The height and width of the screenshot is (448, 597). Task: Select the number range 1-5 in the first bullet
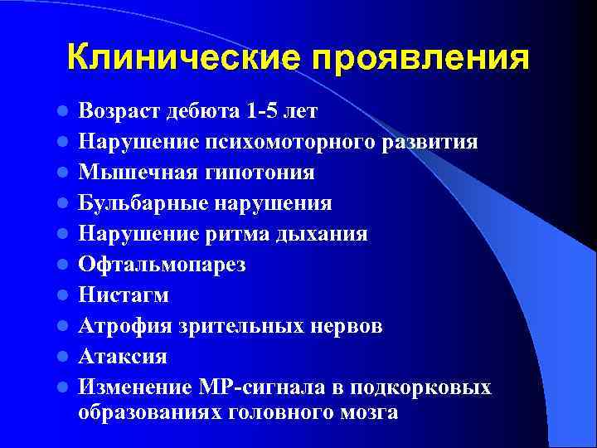pos(258,110)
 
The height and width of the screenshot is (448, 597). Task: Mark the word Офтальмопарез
pos(163,265)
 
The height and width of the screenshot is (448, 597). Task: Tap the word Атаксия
pos(123,357)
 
